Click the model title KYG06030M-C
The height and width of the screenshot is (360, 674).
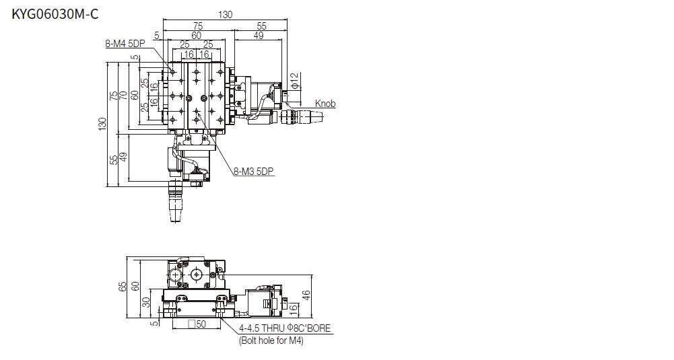pyautogui.click(x=55, y=14)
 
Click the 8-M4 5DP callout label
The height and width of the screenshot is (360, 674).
pyautogui.click(x=125, y=44)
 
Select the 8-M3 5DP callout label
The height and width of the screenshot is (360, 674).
pyautogui.click(x=254, y=172)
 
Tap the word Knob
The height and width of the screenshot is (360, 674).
pyautogui.click(x=325, y=104)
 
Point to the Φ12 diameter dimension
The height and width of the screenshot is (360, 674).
pyautogui.click(x=294, y=81)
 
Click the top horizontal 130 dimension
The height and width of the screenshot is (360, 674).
pyautogui.click(x=226, y=15)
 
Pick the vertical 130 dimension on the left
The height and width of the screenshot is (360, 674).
pyautogui.click(x=102, y=124)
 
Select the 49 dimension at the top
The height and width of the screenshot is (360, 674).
pyautogui.click(x=259, y=36)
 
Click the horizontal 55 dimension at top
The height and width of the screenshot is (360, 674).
pyautogui.click(x=261, y=26)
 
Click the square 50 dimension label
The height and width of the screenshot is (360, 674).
pyautogui.click(x=197, y=324)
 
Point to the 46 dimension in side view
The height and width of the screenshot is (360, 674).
pyautogui.click(x=306, y=295)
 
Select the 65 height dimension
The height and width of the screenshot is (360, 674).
pyautogui.click(x=122, y=287)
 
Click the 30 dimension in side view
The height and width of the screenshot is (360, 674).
pyautogui.click(x=146, y=302)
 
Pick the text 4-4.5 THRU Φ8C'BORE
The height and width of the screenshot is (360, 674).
pyautogui.click(x=285, y=328)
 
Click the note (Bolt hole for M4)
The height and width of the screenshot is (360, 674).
pyautogui.click(x=271, y=340)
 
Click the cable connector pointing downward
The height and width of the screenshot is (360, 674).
pyautogui.click(x=175, y=201)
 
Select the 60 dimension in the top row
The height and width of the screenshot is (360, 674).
pyautogui.click(x=197, y=36)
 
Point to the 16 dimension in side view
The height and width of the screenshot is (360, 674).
pyautogui.click(x=293, y=308)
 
